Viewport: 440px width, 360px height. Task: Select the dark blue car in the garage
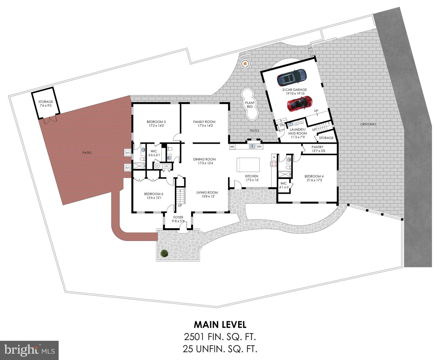pyautogui.click(x=292, y=77)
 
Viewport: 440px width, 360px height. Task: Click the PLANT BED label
pyautogui.click(x=250, y=105)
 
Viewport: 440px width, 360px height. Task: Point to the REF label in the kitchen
pyautogui.click(x=232, y=147)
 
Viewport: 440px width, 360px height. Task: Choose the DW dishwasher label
pyautogui.click(x=259, y=147)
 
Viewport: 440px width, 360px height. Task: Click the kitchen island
pyautogui.click(x=248, y=165)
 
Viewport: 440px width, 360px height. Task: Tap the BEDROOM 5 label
pyautogui.click(x=156, y=122)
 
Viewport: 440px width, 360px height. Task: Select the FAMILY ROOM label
pyautogui.click(x=204, y=122)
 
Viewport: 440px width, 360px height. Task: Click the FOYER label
pyautogui.click(x=178, y=217)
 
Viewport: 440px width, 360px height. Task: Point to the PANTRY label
pyautogui.click(x=317, y=147)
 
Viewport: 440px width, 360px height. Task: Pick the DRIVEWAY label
pyautogui.click(x=369, y=124)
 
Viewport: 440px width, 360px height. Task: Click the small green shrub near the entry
pyautogui.click(x=164, y=253)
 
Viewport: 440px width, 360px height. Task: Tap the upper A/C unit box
pyautogui.click(x=128, y=153)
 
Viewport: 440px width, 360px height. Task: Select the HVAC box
pyautogui.click(x=166, y=166)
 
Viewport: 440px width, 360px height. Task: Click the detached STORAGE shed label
pyautogui.click(x=46, y=102)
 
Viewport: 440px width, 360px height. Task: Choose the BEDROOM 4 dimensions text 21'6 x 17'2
pyautogui.click(x=314, y=180)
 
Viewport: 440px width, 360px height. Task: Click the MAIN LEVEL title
pyautogui.click(x=220, y=325)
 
